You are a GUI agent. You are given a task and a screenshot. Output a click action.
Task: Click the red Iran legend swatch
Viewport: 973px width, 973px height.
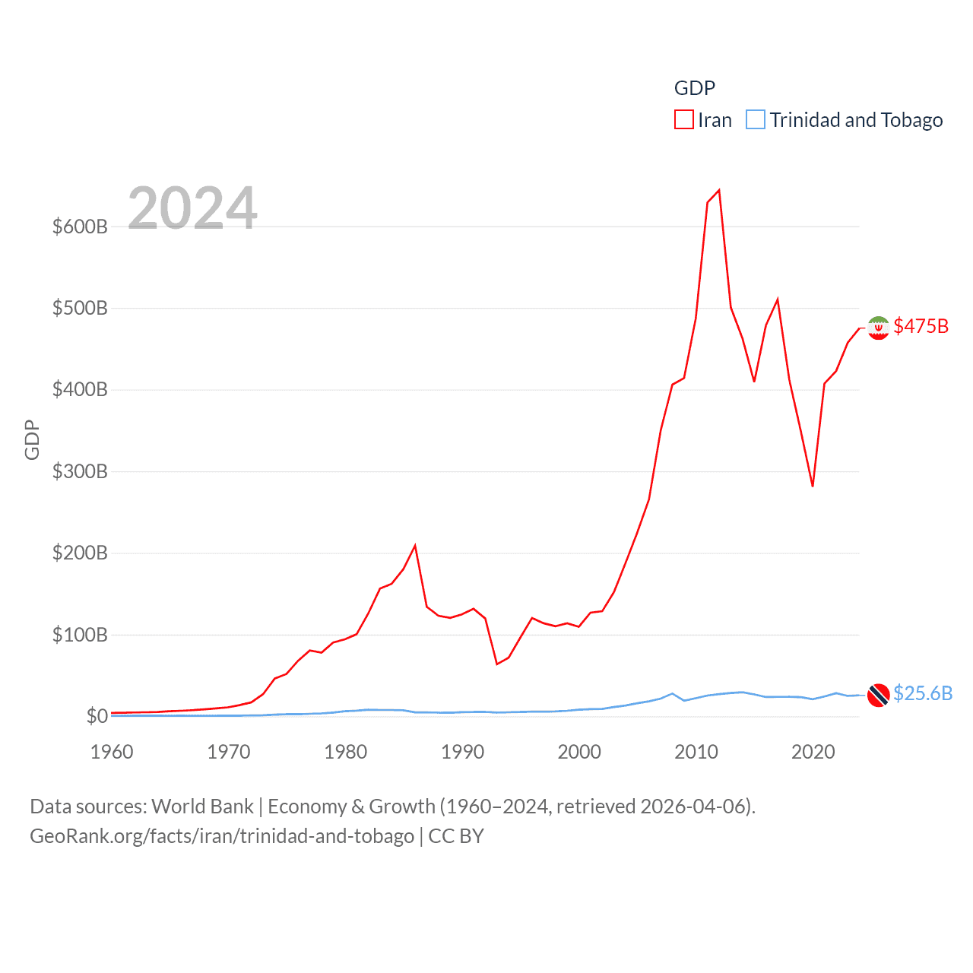tap(683, 120)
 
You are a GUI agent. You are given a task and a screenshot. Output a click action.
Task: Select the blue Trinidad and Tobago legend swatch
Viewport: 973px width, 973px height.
tap(755, 120)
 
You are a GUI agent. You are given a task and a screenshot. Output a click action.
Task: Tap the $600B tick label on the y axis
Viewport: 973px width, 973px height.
tap(80, 227)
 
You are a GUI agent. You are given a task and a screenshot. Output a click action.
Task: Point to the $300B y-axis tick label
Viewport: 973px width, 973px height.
tap(80, 471)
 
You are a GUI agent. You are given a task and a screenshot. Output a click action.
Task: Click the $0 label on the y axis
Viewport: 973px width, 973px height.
tap(97, 716)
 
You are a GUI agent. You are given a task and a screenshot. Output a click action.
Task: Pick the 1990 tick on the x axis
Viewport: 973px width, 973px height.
tap(462, 752)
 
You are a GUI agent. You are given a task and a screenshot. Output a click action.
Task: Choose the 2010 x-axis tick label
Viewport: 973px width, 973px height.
tap(696, 752)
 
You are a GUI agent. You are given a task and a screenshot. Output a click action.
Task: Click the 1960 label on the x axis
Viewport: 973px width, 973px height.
tap(112, 752)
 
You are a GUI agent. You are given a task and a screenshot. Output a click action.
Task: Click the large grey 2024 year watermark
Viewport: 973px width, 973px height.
tap(192, 208)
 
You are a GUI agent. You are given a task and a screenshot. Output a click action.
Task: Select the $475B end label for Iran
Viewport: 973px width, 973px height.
tap(921, 326)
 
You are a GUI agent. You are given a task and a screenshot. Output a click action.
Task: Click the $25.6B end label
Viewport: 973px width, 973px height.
tap(922, 693)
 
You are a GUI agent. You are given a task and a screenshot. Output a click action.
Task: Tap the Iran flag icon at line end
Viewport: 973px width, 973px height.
tap(878, 328)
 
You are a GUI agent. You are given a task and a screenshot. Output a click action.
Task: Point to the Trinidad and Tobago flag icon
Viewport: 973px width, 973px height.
tap(878, 695)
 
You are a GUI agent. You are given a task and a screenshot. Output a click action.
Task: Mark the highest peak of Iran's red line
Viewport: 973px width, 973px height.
tap(719, 190)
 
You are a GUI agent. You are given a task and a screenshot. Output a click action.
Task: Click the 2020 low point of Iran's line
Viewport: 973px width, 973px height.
tap(813, 486)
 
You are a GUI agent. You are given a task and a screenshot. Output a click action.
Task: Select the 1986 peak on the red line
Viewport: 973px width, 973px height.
tap(415, 545)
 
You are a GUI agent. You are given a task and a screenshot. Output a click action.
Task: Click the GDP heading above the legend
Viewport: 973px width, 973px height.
tap(695, 88)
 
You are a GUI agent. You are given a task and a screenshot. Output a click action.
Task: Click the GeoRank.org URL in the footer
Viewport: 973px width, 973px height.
tap(222, 836)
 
